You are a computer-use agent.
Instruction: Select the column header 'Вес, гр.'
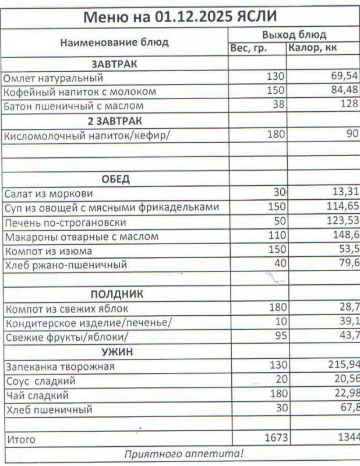[248, 49]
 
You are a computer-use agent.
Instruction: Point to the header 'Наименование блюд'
[115, 42]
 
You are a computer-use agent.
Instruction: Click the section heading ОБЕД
[115, 179]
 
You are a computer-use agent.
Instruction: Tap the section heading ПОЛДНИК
[117, 294]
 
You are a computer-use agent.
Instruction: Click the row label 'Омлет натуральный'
[53, 77]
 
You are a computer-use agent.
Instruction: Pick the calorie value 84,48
[343, 91]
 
